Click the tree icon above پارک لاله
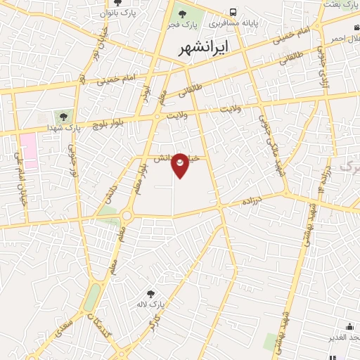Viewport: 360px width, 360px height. click(x=150, y=294)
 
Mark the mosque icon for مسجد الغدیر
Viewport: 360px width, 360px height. click(x=349, y=327)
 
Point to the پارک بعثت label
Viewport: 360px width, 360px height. click(x=340, y=5)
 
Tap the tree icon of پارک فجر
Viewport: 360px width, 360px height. click(x=181, y=13)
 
